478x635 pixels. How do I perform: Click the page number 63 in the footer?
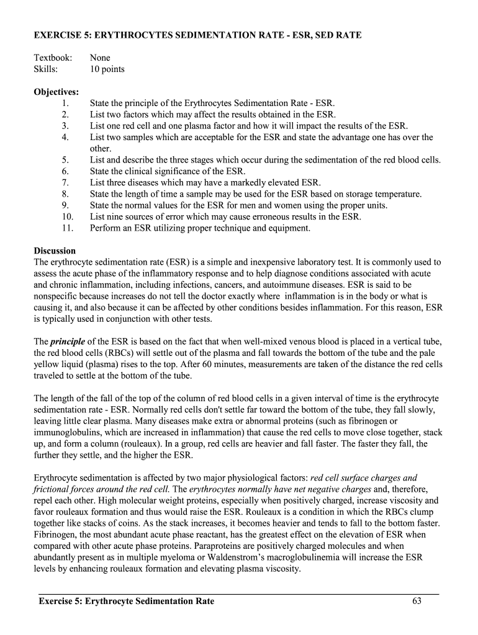coord(417,601)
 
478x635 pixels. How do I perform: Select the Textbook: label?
coord(53,58)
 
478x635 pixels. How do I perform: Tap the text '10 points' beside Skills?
coord(107,69)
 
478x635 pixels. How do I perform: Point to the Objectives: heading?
coord(56,92)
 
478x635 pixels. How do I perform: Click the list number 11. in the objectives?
coord(68,228)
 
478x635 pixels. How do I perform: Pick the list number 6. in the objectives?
coord(68,171)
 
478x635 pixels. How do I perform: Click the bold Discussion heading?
coord(55,251)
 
